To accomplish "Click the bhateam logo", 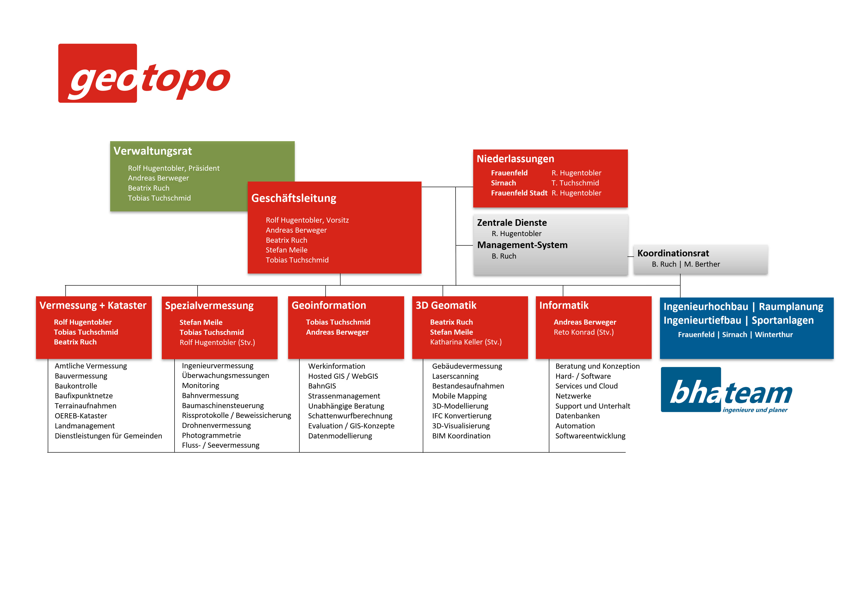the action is tap(727, 390).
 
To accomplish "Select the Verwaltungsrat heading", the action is tap(153, 151).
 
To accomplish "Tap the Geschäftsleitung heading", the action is tap(294, 198).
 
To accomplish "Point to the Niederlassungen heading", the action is tap(515, 159).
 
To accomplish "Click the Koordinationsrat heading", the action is tap(673, 253).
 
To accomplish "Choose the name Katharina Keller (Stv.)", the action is tap(466, 342).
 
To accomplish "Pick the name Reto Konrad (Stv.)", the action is tap(584, 332).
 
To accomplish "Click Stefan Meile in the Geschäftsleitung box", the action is tap(287, 250).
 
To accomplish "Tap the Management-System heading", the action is tap(522, 245).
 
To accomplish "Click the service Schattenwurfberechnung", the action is tap(350, 416).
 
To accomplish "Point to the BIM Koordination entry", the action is tap(461, 436).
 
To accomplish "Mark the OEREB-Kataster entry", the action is tap(81, 416).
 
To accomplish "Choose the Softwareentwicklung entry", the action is tap(590, 436).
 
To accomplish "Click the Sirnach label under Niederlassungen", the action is tap(503, 183).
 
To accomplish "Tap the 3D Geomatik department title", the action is tap(446, 306).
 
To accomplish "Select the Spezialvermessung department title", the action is tap(209, 306).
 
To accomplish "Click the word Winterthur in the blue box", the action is tap(774, 335).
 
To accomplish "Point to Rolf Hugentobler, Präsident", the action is tap(174, 168).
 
